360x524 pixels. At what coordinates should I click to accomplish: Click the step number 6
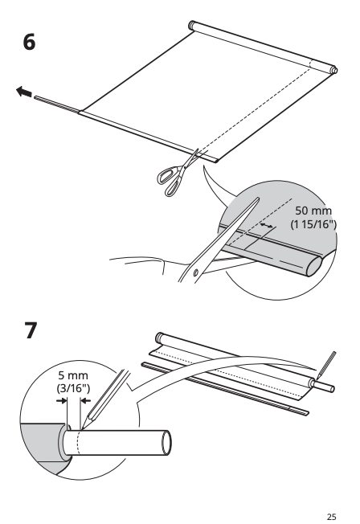click(29, 43)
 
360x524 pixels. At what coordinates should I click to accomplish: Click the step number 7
click(31, 330)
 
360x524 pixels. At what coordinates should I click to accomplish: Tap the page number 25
click(331, 517)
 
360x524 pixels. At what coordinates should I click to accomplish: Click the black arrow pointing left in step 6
click(24, 92)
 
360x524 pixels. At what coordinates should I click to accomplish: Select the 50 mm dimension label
click(313, 211)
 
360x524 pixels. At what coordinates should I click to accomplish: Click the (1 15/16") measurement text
click(313, 224)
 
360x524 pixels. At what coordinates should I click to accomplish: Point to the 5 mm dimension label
click(73, 375)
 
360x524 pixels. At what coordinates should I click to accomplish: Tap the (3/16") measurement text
click(73, 388)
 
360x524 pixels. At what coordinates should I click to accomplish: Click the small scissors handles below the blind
click(170, 181)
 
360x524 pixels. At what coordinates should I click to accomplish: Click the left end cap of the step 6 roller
click(192, 25)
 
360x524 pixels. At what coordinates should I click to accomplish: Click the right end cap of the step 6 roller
click(333, 70)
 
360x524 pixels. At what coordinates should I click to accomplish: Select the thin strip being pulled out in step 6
click(57, 104)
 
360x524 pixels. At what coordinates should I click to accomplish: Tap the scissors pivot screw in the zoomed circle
click(196, 273)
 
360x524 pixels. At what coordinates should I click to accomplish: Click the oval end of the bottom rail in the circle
click(314, 267)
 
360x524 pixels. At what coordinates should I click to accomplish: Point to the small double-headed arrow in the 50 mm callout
click(267, 226)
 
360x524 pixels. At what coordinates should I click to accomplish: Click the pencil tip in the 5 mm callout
click(82, 428)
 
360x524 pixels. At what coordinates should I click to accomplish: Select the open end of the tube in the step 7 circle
click(166, 442)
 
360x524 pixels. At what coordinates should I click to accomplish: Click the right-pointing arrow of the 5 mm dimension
click(62, 400)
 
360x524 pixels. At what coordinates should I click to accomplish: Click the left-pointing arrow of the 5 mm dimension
click(86, 400)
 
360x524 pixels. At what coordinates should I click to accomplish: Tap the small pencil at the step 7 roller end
click(326, 365)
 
